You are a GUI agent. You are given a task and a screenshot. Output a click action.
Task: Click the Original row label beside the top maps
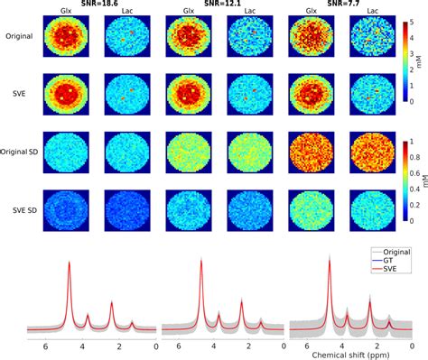click(18, 39)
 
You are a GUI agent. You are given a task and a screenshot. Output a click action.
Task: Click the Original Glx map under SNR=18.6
click(70, 40)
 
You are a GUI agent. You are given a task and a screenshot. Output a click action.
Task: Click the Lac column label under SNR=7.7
click(367, 14)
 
